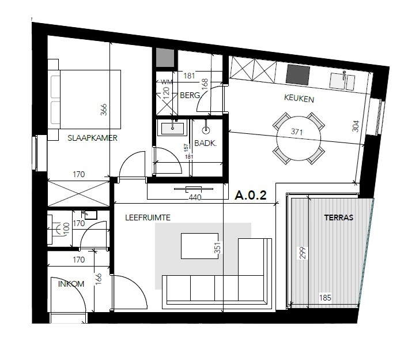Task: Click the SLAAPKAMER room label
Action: pos(93,138)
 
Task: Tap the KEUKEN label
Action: pos(299,99)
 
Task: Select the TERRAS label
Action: pos(339,218)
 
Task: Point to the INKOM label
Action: pos(71,284)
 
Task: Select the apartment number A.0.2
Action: pos(251,196)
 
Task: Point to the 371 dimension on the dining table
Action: pos(298,132)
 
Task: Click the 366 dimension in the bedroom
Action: pos(104,110)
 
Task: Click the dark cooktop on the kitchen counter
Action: pos(298,74)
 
